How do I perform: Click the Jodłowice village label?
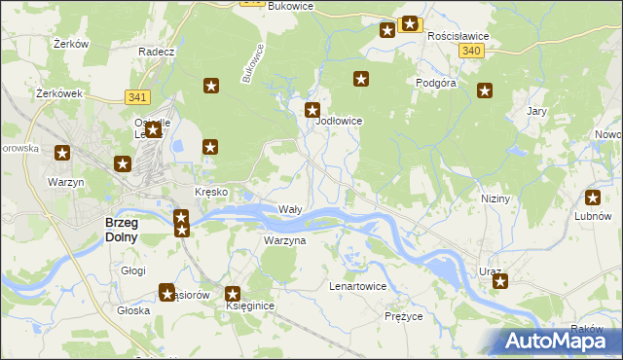(x=340, y=122)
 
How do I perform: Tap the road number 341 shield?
(x=137, y=96)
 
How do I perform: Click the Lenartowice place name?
(x=358, y=287)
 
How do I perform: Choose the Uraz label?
(x=490, y=271)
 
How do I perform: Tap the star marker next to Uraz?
(x=500, y=282)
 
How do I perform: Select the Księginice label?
(x=250, y=306)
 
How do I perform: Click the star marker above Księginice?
(x=233, y=293)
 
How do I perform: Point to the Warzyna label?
(x=285, y=240)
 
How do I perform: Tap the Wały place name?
(x=290, y=210)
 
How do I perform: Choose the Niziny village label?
(x=495, y=198)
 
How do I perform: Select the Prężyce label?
(x=403, y=316)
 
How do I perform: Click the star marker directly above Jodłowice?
(x=312, y=110)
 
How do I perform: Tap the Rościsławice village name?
(x=458, y=35)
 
